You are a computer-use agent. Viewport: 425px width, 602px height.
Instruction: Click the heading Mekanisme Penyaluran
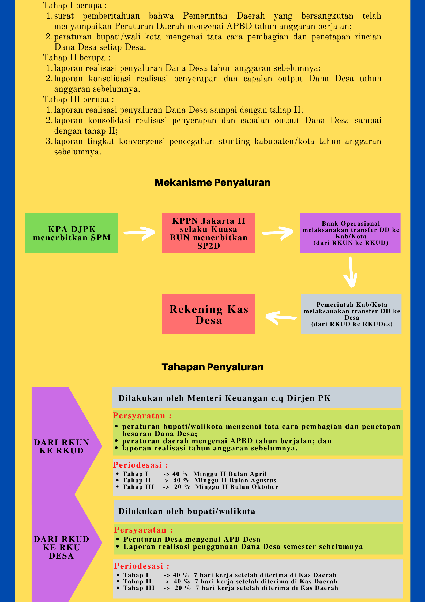(212, 183)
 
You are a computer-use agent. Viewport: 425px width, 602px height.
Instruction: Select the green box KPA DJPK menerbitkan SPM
(72, 233)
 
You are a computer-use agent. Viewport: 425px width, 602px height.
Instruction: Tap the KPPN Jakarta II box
(209, 233)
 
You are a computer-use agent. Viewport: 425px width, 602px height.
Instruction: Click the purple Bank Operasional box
(350, 233)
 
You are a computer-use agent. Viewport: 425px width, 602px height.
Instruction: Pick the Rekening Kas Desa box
(209, 314)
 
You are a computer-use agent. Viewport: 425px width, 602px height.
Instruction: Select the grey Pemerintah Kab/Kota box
(351, 314)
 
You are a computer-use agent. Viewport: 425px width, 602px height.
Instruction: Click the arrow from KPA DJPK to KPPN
(139, 233)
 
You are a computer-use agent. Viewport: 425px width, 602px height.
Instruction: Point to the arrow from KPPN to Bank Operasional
(277, 233)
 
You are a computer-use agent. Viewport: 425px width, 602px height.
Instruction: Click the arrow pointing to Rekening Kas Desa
(281, 317)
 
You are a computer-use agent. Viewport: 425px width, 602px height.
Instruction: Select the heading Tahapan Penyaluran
(212, 367)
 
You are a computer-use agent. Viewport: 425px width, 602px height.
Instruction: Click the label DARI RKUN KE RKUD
(61, 446)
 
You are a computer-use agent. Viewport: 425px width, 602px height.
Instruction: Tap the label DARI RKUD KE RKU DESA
(61, 548)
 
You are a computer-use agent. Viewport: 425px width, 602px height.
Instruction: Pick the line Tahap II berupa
(77, 58)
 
